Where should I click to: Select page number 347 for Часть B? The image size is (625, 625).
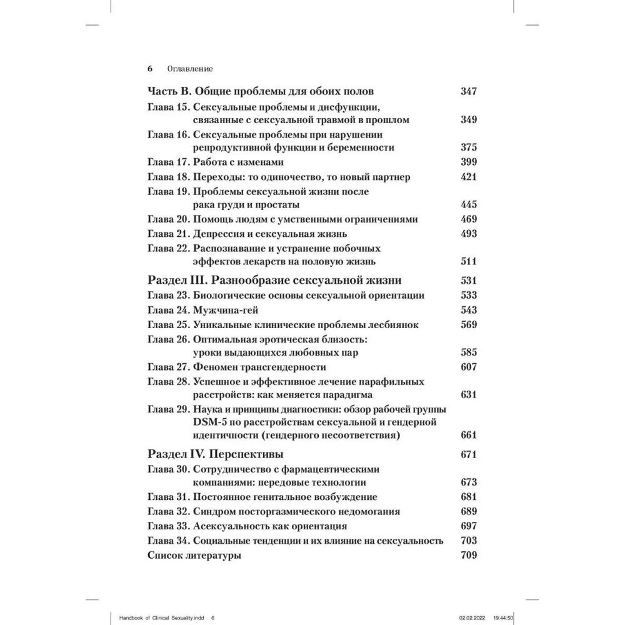click(468, 91)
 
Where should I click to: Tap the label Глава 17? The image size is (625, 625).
click(168, 162)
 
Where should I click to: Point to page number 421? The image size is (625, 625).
click(468, 177)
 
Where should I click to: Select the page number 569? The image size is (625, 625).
click(468, 324)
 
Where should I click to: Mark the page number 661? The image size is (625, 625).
click(468, 435)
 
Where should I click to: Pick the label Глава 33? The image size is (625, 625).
click(168, 526)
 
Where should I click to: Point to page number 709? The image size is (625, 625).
click(468, 556)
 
